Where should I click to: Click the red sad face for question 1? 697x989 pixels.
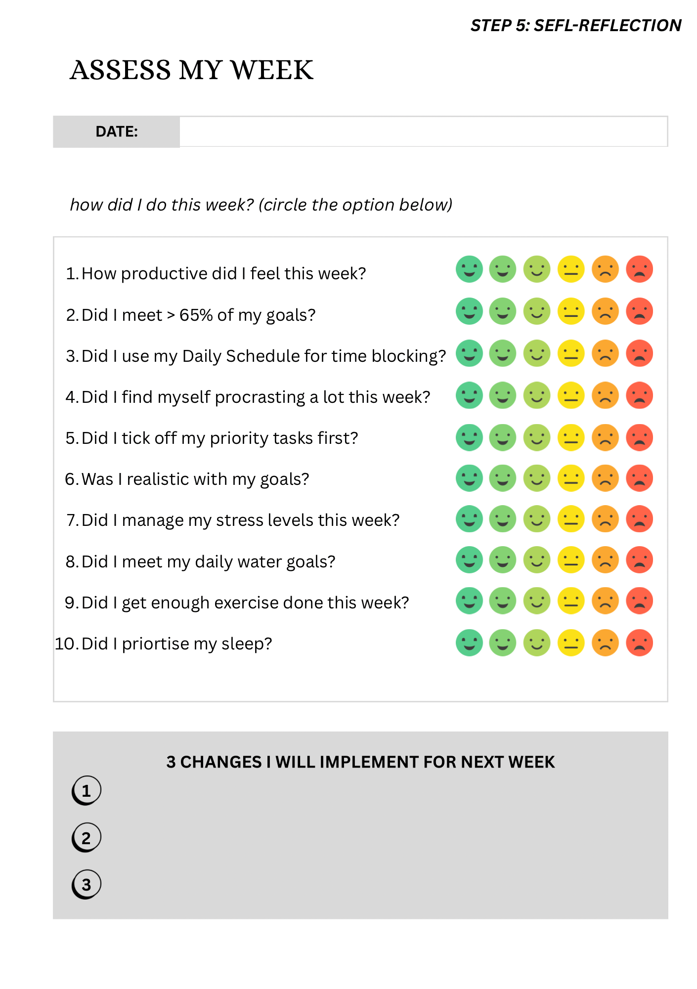639,269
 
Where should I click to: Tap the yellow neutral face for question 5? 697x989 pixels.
571,438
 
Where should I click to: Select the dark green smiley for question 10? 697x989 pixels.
469,643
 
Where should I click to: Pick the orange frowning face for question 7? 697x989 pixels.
605,519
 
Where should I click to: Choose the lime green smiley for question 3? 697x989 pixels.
537,354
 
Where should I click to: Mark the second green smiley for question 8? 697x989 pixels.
503,560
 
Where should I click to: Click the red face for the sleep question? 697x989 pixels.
639,643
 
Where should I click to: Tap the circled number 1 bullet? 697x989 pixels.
87,790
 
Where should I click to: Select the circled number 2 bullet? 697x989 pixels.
87,838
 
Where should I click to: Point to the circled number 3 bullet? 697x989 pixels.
87,884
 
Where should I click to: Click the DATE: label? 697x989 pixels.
117,131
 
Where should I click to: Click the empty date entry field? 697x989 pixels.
424,131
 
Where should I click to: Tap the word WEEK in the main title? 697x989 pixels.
272,70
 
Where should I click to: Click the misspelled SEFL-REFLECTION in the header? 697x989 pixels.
608,25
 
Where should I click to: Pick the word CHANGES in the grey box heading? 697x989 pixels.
220,762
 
